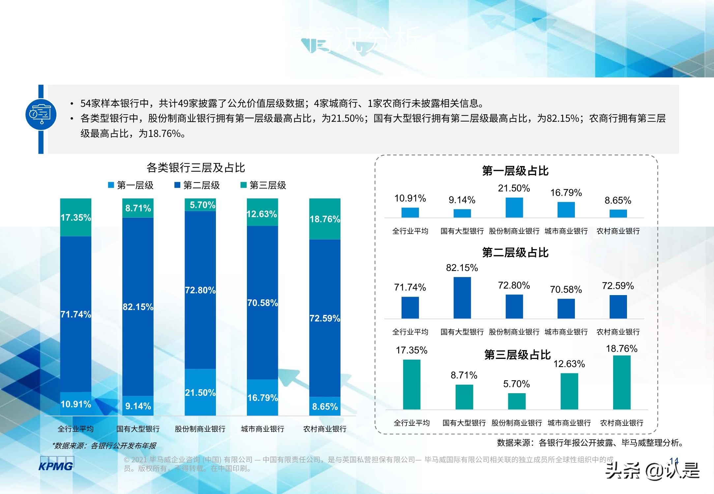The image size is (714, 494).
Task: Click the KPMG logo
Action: tap(56, 464)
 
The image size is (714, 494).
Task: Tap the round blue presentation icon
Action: tap(41, 114)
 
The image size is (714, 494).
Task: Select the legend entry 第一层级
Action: tap(131, 185)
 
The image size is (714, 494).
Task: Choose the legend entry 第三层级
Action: tap(263, 185)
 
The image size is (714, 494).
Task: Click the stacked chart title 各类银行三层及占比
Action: tap(195, 168)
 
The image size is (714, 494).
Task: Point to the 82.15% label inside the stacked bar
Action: tap(138, 307)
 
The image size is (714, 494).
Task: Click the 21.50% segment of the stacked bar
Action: tap(200, 392)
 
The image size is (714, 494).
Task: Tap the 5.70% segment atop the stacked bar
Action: tap(200, 205)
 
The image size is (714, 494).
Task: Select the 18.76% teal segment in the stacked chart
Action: tap(325, 219)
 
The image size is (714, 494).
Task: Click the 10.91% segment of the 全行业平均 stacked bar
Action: tap(75, 404)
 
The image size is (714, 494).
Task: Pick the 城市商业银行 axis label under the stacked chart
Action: tap(262, 429)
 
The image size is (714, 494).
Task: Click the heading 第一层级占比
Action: tap(515, 171)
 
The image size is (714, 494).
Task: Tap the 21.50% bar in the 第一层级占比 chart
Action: tap(514, 207)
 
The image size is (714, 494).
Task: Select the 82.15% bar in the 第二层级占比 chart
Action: tap(462, 298)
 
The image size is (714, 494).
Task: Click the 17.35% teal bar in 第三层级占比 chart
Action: tap(412, 384)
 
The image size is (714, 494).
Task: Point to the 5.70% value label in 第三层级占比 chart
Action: tap(517, 384)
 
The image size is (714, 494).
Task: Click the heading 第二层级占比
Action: tap(515, 253)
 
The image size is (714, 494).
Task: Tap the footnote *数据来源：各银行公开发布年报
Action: tap(104, 446)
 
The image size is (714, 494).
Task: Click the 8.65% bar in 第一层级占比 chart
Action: tap(618, 213)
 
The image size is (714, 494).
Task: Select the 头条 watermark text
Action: tap(622, 470)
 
